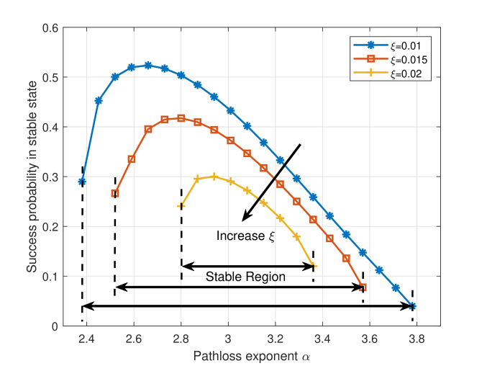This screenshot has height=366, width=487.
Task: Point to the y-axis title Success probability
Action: tap(32, 177)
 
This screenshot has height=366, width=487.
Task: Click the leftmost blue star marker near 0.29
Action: tap(82, 182)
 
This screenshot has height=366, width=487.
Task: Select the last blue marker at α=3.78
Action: tap(413, 306)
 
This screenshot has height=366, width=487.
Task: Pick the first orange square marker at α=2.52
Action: tap(115, 193)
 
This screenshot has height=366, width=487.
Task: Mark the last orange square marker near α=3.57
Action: tap(363, 287)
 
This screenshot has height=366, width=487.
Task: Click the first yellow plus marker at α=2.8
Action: tap(181, 205)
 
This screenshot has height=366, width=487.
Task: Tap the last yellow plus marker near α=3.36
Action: tap(313, 267)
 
